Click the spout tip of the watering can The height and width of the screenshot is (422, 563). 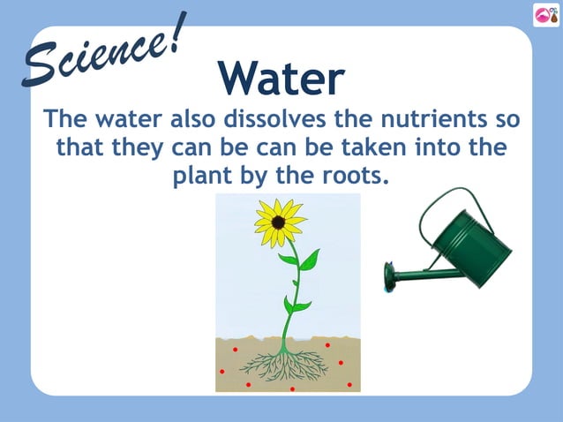[389, 276]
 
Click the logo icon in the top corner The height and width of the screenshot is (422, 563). [544, 14]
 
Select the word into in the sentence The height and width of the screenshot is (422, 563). [436, 147]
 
